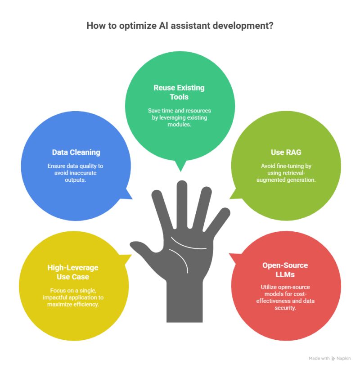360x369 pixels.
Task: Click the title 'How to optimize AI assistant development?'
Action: (180, 26)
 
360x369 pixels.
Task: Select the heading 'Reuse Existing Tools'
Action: (179, 92)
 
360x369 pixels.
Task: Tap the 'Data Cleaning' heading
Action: (76, 152)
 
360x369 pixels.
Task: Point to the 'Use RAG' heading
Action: (286, 152)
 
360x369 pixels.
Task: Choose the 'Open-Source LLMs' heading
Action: (285, 270)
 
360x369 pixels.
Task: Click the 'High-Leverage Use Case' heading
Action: (73, 272)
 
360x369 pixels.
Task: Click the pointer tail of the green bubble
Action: (180, 166)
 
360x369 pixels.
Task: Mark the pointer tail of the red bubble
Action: (235, 258)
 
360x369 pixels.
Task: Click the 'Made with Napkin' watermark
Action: (330, 358)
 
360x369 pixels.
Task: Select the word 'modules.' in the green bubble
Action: (179, 125)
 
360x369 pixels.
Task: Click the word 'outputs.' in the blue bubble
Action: (75, 180)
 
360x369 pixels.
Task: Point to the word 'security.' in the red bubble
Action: (285, 308)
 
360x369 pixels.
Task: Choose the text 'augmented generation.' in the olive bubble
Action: (286, 180)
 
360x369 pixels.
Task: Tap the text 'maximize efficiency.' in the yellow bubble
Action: (73, 304)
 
